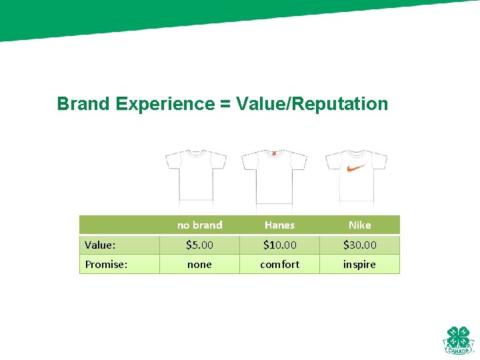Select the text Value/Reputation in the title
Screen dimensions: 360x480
(x=311, y=104)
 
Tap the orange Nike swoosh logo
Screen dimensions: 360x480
(x=356, y=168)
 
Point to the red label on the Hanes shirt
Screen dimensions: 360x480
(x=274, y=153)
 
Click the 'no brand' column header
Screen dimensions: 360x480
(x=199, y=225)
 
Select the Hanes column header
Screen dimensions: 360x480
(x=279, y=225)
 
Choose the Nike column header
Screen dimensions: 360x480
(x=359, y=225)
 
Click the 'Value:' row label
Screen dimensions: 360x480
(x=100, y=245)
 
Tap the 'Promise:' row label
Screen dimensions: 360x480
(x=106, y=265)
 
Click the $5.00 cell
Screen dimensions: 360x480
(x=199, y=245)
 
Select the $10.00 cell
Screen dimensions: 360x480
(x=279, y=245)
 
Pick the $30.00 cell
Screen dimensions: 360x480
(x=359, y=245)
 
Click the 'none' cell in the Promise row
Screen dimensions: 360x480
(x=199, y=265)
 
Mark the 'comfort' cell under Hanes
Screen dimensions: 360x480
(x=279, y=265)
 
